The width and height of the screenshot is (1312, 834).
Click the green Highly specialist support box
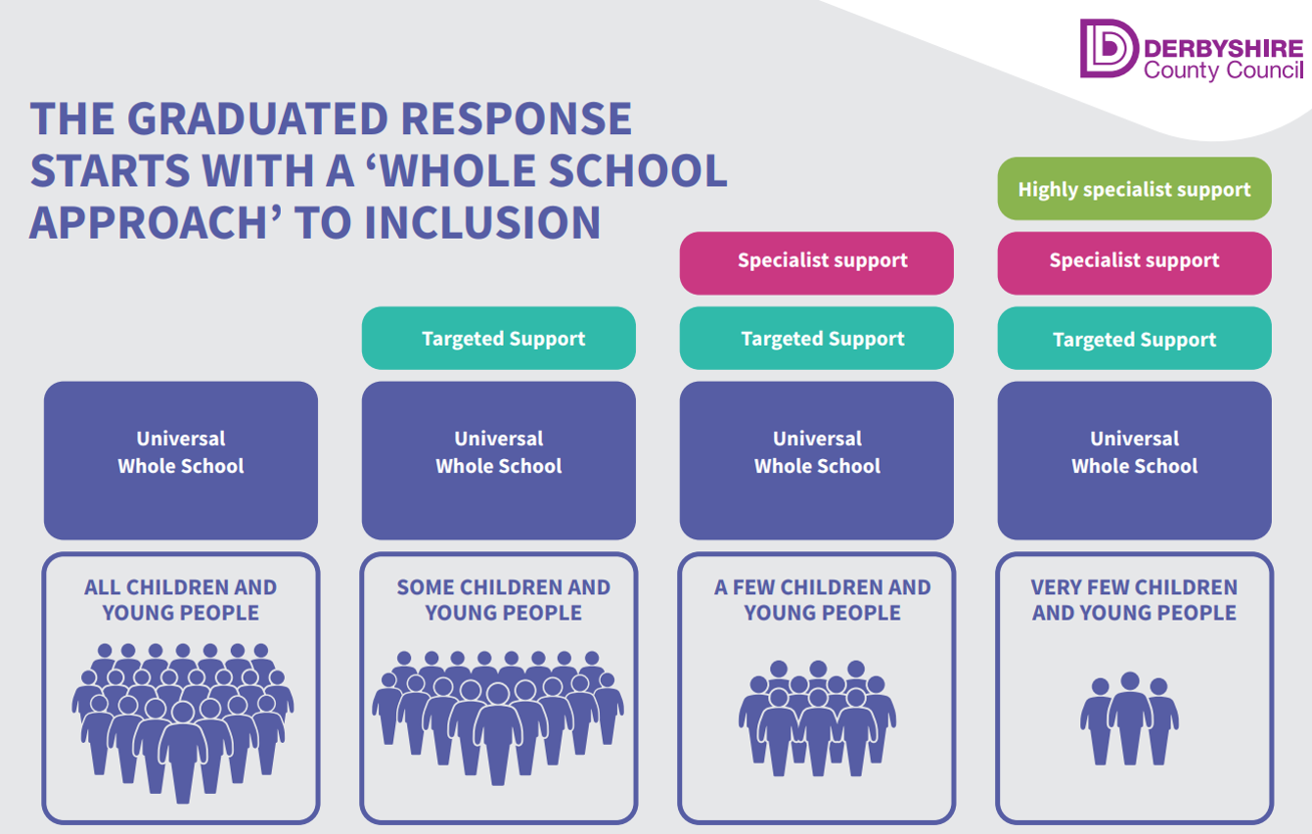click(x=1134, y=189)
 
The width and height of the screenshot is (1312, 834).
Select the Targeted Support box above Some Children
click(x=499, y=339)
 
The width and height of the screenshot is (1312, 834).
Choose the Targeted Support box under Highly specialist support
click(x=1134, y=339)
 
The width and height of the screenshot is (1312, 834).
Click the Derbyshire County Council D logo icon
click(x=1108, y=48)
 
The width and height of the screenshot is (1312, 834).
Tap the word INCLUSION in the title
click(x=482, y=222)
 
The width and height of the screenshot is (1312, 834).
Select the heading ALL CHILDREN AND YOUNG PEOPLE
click(x=181, y=600)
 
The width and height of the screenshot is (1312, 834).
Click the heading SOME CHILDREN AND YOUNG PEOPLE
click(x=503, y=600)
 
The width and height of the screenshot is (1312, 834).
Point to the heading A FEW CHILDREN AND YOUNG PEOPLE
click(x=822, y=600)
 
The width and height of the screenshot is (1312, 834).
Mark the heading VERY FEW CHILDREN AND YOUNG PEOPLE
click(x=1134, y=600)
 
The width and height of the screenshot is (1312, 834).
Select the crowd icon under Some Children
click(x=498, y=715)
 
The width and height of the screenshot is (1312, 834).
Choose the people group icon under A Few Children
click(x=818, y=717)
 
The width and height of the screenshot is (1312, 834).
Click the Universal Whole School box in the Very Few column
click(x=1134, y=460)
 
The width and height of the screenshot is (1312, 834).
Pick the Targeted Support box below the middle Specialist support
click(x=816, y=339)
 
